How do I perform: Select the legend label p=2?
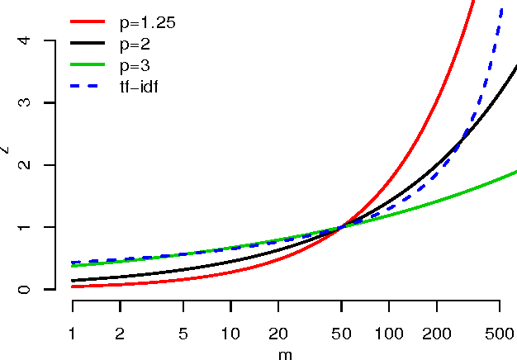pos(134,44)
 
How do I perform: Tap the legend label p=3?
pos(134,64)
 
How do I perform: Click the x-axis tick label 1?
pos(73,333)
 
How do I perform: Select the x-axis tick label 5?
pos(183,333)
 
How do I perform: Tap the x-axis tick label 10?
pos(230,333)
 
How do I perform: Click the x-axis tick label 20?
pos(278,333)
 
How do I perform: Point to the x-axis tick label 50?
pos(341,333)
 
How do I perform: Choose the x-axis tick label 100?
pos(389,333)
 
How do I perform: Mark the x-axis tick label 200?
pos(437,333)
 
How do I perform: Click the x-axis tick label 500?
pos(500,333)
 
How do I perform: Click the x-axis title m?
pos(286,353)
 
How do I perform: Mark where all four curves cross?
pos(341,227)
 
